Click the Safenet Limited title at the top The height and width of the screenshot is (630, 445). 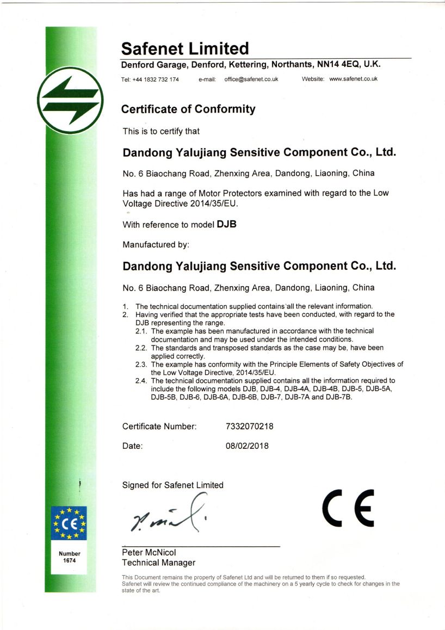(185, 48)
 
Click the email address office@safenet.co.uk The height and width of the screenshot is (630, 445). (251, 79)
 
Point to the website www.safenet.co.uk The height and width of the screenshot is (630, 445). (354, 79)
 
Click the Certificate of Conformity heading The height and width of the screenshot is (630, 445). (188, 109)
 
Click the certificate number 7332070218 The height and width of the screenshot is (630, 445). (249, 427)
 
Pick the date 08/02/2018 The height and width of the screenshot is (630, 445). (247, 446)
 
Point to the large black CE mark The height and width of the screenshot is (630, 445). (348, 508)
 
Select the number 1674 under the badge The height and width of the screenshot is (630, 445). (69, 560)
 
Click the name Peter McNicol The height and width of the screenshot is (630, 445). (149, 552)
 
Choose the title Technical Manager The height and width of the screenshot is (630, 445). (158, 563)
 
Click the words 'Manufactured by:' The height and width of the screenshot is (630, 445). (156, 245)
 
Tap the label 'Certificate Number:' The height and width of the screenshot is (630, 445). (159, 427)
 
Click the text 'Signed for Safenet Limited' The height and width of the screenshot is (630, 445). (172, 485)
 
